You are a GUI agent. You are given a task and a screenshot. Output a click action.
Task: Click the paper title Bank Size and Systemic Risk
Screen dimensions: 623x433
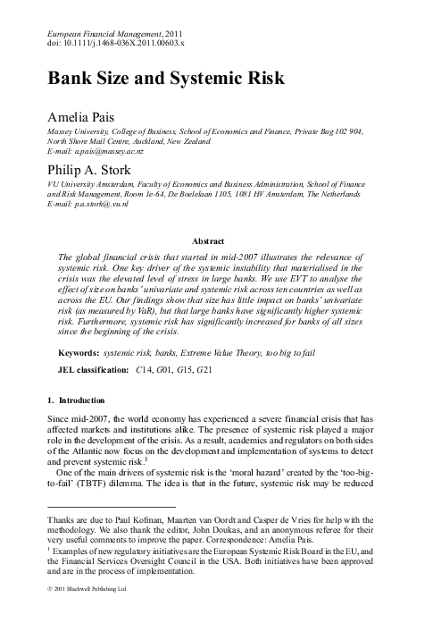(x=165, y=78)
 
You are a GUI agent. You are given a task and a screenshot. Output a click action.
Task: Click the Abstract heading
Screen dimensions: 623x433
(x=215, y=240)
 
